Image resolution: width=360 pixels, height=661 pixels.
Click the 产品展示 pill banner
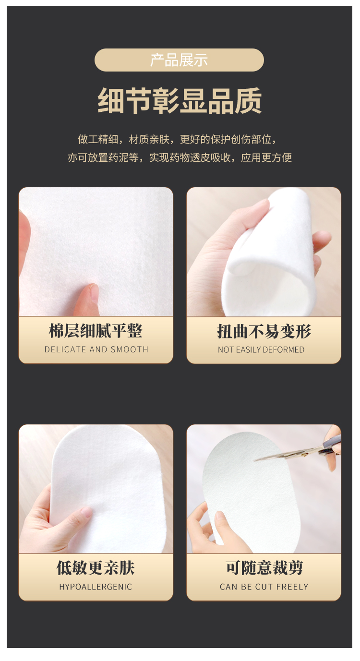coord(179,60)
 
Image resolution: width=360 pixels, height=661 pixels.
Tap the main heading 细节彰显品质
coord(180,101)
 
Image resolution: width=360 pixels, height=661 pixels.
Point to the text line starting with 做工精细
coord(178,139)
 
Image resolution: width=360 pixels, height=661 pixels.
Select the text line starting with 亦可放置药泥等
coord(180,157)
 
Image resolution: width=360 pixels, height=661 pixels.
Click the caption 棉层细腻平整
coord(96,331)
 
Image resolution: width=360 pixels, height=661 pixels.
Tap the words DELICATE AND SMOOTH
coord(96,349)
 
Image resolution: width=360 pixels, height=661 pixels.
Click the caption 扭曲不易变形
coord(264,331)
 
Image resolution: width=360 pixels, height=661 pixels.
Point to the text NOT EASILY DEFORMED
coord(261,349)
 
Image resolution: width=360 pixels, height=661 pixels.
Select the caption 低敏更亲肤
coord(96,568)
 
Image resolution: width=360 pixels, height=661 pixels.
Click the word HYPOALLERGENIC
coord(96,587)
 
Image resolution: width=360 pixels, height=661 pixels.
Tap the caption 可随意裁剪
coord(264,568)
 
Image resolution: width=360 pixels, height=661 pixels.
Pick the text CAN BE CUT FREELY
coord(264,587)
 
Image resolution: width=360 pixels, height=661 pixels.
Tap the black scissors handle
coord(331,444)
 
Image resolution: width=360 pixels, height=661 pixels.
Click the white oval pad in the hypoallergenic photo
coord(115,480)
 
